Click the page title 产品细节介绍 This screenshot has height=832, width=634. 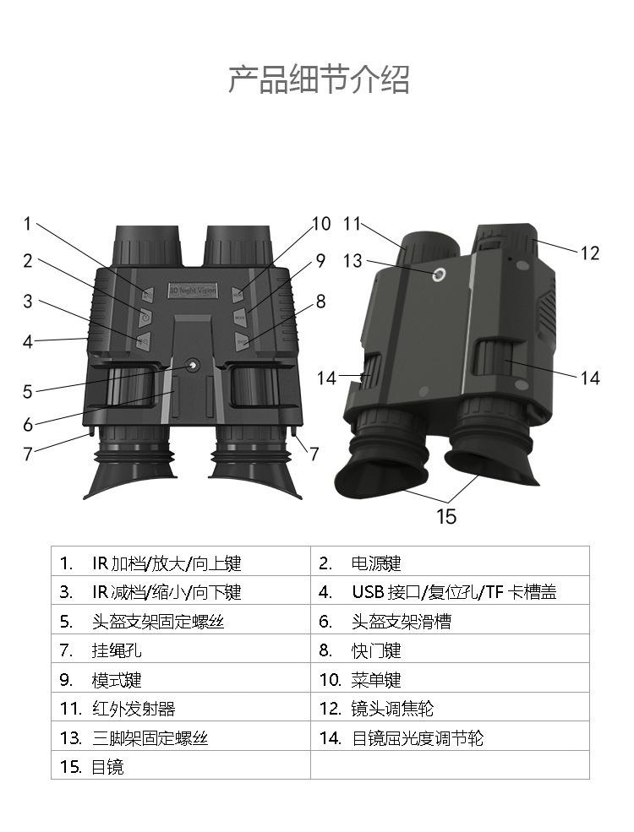pyautogui.click(x=319, y=79)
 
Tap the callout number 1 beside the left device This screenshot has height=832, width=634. pyautogui.click(x=27, y=224)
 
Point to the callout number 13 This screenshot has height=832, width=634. pyautogui.click(x=353, y=261)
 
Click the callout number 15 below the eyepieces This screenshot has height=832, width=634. pyautogui.click(x=446, y=515)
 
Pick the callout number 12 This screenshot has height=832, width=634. pyautogui.click(x=589, y=253)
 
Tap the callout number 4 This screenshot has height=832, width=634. pyautogui.click(x=27, y=342)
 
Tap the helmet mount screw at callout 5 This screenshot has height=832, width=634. pyautogui.click(x=193, y=365)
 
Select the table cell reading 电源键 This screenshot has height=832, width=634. pyautogui.click(x=376, y=563)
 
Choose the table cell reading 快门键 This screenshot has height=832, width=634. pyautogui.click(x=376, y=650)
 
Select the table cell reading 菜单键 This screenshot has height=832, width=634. pyautogui.click(x=376, y=680)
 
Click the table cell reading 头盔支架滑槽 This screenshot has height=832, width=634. pyautogui.click(x=402, y=622)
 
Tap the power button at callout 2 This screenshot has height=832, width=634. pyautogui.click(x=145, y=316)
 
